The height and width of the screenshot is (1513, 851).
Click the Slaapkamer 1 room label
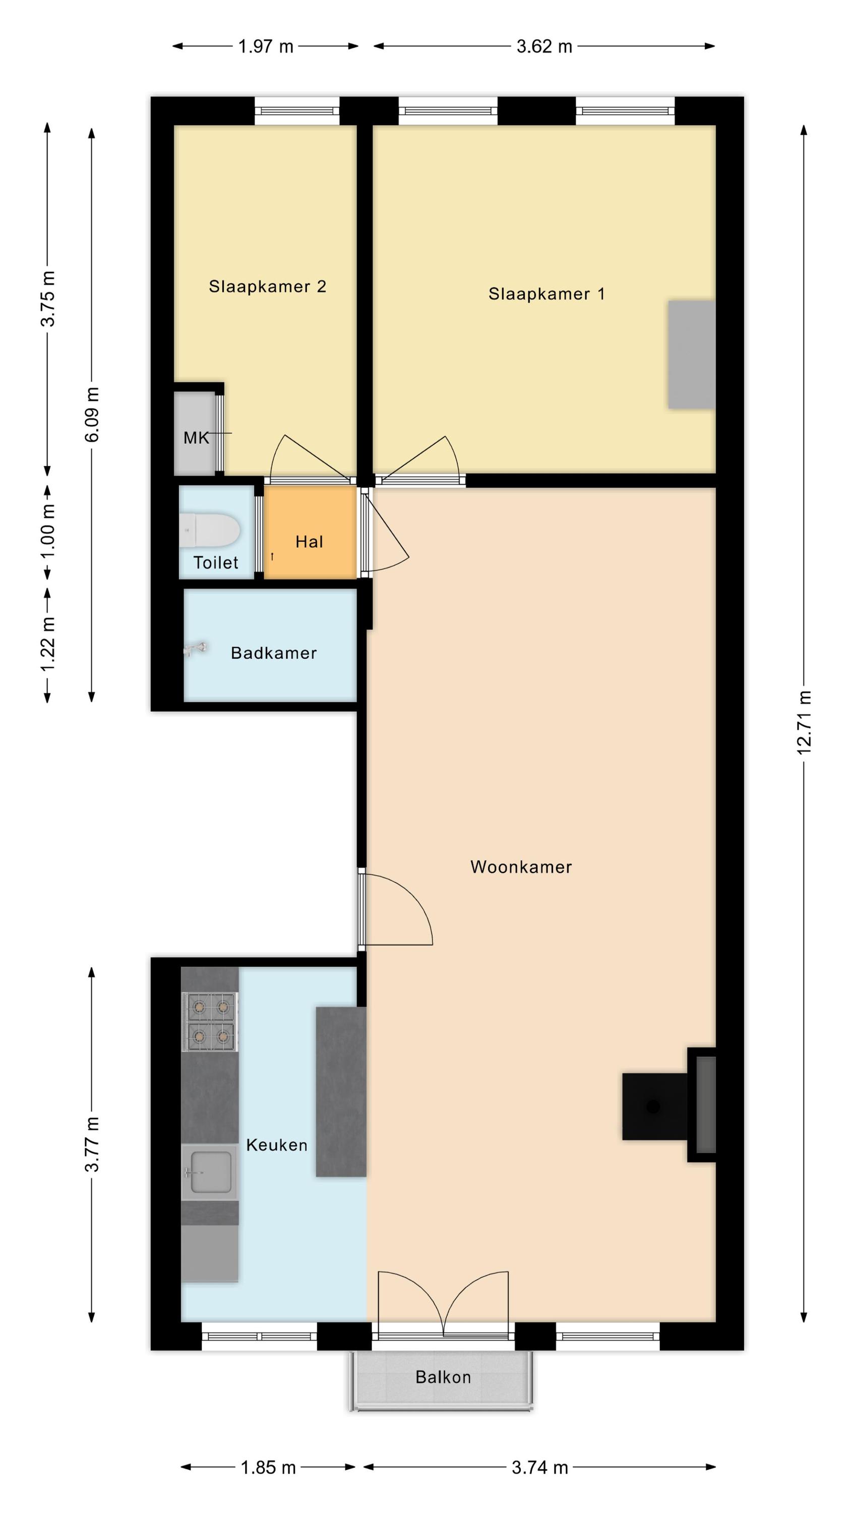pyautogui.click(x=546, y=294)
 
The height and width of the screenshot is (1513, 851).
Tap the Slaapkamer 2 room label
pyautogui.click(x=267, y=286)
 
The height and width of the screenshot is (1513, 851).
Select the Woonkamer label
pyautogui.click(x=521, y=867)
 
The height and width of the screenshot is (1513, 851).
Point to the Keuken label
pyautogui.click(x=277, y=1145)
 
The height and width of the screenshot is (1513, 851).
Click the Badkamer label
pyautogui.click(x=274, y=653)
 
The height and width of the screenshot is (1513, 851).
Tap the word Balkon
pyautogui.click(x=443, y=1377)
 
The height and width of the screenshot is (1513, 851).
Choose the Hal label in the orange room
pyautogui.click(x=309, y=542)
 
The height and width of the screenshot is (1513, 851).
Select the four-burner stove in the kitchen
pyautogui.click(x=210, y=1022)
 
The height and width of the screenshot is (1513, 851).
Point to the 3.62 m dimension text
pyautogui.click(x=544, y=46)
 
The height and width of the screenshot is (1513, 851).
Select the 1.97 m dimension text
pyautogui.click(x=266, y=46)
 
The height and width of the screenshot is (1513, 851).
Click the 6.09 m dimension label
pyautogui.click(x=92, y=415)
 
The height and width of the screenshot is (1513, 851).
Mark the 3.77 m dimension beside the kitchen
pyautogui.click(x=92, y=1144)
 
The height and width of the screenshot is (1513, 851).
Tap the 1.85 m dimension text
pyautogui.click(x=268, y=1467)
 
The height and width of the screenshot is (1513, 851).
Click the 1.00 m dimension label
pyautogui.click(x=47, y=532)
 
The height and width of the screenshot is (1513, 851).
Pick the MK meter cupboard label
pyautogui.click(x=196, y=438)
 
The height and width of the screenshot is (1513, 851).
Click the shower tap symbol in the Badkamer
pyautogui.click(x=195, y=649)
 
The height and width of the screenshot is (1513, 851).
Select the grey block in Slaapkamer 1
pyautogui.click(x=691, y=354)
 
